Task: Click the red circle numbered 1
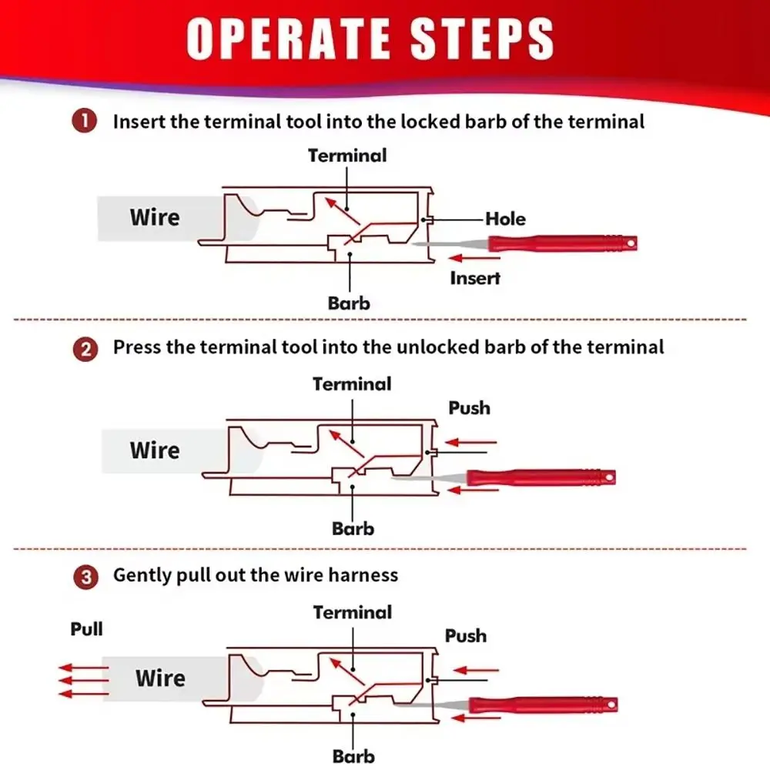(85, 122)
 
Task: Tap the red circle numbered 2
(85, 349)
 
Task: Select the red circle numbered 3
(85, 577)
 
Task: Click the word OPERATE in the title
(281, 38)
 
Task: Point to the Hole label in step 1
(505, 219)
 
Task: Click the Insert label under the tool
(475, 278)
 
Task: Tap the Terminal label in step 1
(347, 156)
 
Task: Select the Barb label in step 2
(353, 529)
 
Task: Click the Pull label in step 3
(86, 629)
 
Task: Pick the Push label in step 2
(469, 407)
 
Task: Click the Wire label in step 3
(160, 678)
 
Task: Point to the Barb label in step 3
(353, 756)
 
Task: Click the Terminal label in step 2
(352, 383)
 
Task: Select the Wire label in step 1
(154, 217)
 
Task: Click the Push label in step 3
(466, 636)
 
